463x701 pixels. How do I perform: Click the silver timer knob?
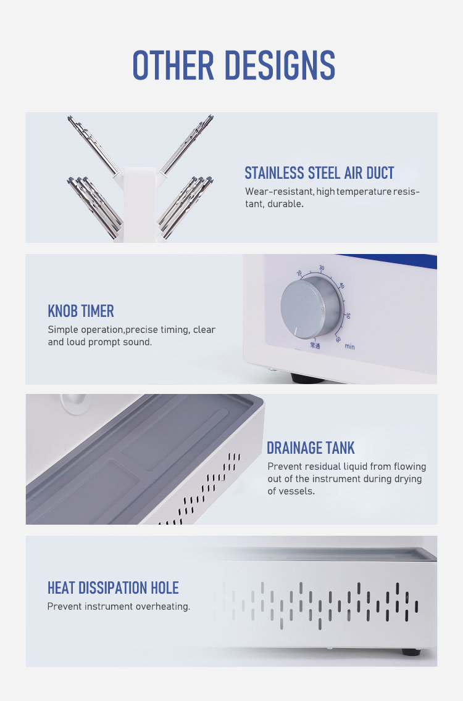(311, 306)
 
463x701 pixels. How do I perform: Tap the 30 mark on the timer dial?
(322, 268)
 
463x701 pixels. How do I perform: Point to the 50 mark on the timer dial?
(348, 316)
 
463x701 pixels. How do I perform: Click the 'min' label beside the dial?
(349, 346)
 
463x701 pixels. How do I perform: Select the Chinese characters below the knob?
(315, 346)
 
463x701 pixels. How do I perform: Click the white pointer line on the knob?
(296, 332)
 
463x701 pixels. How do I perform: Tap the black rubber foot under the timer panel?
(307, 379)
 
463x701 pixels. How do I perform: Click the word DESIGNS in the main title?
(280, 65)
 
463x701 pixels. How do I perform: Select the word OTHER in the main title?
(173, 65)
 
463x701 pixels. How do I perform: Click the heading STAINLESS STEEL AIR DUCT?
(319, 173)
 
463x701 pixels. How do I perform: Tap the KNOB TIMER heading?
(81, 311)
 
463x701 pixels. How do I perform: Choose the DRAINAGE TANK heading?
(311, 448)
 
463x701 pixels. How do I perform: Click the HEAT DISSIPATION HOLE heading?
(114, 588)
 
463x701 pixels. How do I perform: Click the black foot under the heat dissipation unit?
(411, 652)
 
